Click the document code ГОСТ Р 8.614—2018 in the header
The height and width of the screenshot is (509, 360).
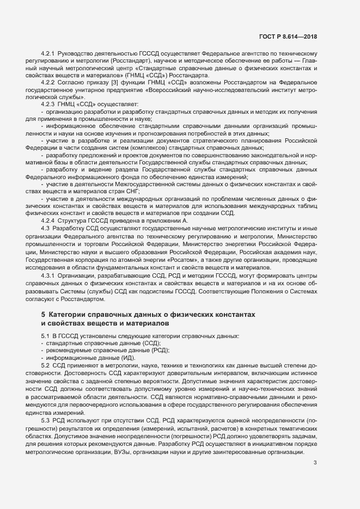(x=288, y=36)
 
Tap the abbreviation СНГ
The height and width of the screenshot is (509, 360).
(x=132, y=192)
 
